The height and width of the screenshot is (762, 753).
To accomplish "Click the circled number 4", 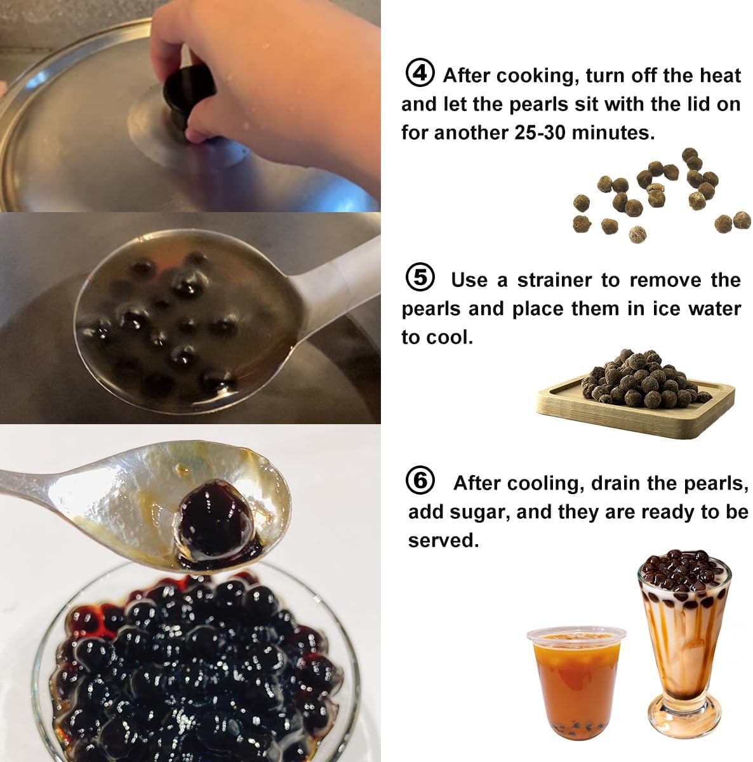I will [420, 74].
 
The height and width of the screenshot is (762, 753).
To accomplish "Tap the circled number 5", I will [420, 278].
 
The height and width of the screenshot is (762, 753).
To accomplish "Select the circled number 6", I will [420, 481].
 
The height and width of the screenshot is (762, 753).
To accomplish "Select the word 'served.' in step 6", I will [443, 540].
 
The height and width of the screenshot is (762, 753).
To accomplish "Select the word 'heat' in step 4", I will [720, 76].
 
